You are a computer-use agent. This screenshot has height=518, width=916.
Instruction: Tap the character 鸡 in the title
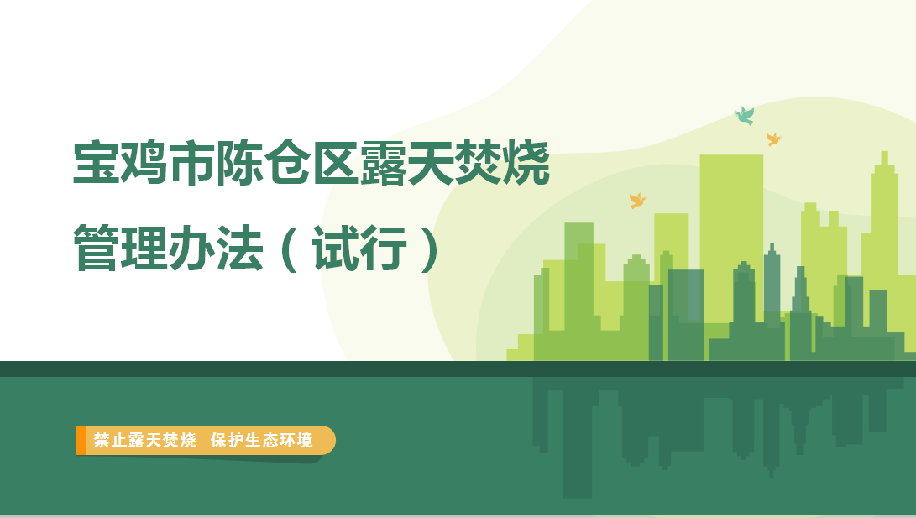point(144,163)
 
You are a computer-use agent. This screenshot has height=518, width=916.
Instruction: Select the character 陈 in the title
point(239,163)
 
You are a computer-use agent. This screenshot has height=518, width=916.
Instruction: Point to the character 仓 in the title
point(287,163)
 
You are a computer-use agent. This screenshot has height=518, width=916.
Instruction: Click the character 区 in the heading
point(335,163)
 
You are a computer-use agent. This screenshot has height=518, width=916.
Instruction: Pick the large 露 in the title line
point(383,163)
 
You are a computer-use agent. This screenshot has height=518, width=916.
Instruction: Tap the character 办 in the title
point(192,248)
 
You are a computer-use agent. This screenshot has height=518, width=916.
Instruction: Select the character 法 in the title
point(240,248)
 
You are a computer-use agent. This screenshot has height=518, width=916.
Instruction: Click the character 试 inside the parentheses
point(335,248)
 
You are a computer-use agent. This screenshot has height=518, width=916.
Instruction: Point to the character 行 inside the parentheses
point(383,248)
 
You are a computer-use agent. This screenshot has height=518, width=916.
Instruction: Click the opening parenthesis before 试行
point(289,249)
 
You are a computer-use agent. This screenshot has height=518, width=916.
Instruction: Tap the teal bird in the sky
point(744,116)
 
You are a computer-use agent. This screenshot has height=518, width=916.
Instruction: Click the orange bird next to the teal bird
point(774,139)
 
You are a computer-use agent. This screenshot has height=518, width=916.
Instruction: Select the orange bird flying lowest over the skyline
point(638,201)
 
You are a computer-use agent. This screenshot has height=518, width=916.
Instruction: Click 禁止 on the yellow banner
point(110,440)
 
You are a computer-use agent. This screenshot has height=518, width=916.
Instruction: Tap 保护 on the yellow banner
point(227,440)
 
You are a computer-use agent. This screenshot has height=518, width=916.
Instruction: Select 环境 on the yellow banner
point(296,440)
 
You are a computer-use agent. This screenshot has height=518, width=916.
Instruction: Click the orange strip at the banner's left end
point(81,440)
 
